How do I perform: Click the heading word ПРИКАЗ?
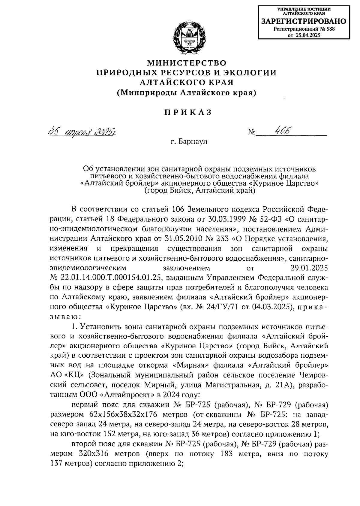(188, 113)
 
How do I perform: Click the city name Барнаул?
(193, 141)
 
